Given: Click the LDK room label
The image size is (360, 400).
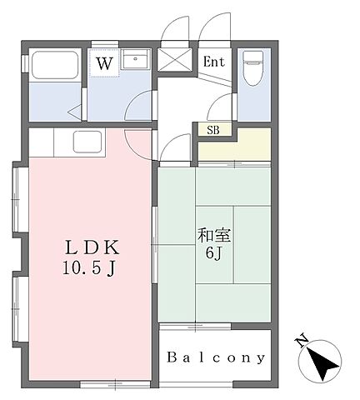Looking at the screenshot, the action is click(x=92, y=247).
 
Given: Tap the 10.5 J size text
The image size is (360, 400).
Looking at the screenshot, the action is click(x=89, y=268).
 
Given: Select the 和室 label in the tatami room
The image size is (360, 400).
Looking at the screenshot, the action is click(x=214, y=235).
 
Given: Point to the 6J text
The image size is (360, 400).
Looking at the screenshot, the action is click(x=213, y=253).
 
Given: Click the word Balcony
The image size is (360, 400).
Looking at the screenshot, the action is click(x=216, y=357).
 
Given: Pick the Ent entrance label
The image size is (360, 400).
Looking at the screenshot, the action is click(x=214, y=62).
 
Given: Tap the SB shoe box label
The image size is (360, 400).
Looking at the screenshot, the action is click(x=213, y=130).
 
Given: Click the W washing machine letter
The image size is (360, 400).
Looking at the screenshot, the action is click(x=104, y=63).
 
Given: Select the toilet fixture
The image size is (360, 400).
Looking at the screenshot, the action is click(x=252, y=67).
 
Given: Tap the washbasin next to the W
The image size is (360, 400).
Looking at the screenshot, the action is click(x=135, y=59).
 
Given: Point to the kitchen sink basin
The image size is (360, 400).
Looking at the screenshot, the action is click(x=87, y=142).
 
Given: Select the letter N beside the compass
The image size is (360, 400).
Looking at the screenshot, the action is click(x=302, y=340).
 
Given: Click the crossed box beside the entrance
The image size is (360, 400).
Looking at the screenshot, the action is click(x=175, y=60).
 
